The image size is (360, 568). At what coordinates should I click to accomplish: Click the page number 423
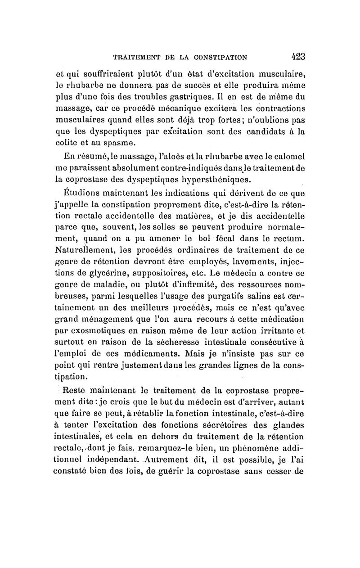pos(295,56)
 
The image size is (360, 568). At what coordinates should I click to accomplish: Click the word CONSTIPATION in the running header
pos(218,57)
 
